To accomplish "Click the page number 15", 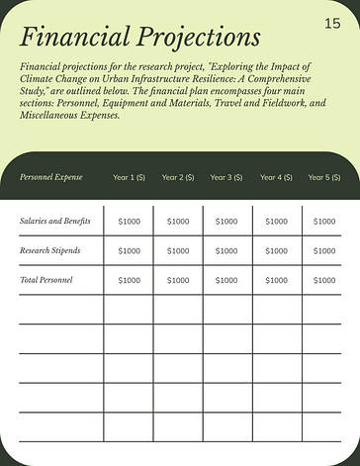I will coord(331,23).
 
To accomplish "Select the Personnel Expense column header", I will coord(51,177).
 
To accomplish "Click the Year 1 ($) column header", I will coord(130,177).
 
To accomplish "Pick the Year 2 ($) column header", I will coord(178,177).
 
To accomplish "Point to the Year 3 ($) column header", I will coord(226,177).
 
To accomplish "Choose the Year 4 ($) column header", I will coord(276,177).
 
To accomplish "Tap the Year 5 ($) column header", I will coord(324,177).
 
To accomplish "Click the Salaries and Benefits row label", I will coord(55,221).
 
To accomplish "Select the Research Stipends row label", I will coord(50,250).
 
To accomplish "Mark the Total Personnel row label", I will coord(46,280).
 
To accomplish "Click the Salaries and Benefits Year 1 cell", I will coord(130,222).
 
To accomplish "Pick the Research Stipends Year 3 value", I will coord(226,251).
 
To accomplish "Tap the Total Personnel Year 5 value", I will coord(324,281).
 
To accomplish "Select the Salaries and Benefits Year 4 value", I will coord(276,222).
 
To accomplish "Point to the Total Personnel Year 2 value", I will coord(178,281).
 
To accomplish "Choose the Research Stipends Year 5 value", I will coord(324,251).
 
